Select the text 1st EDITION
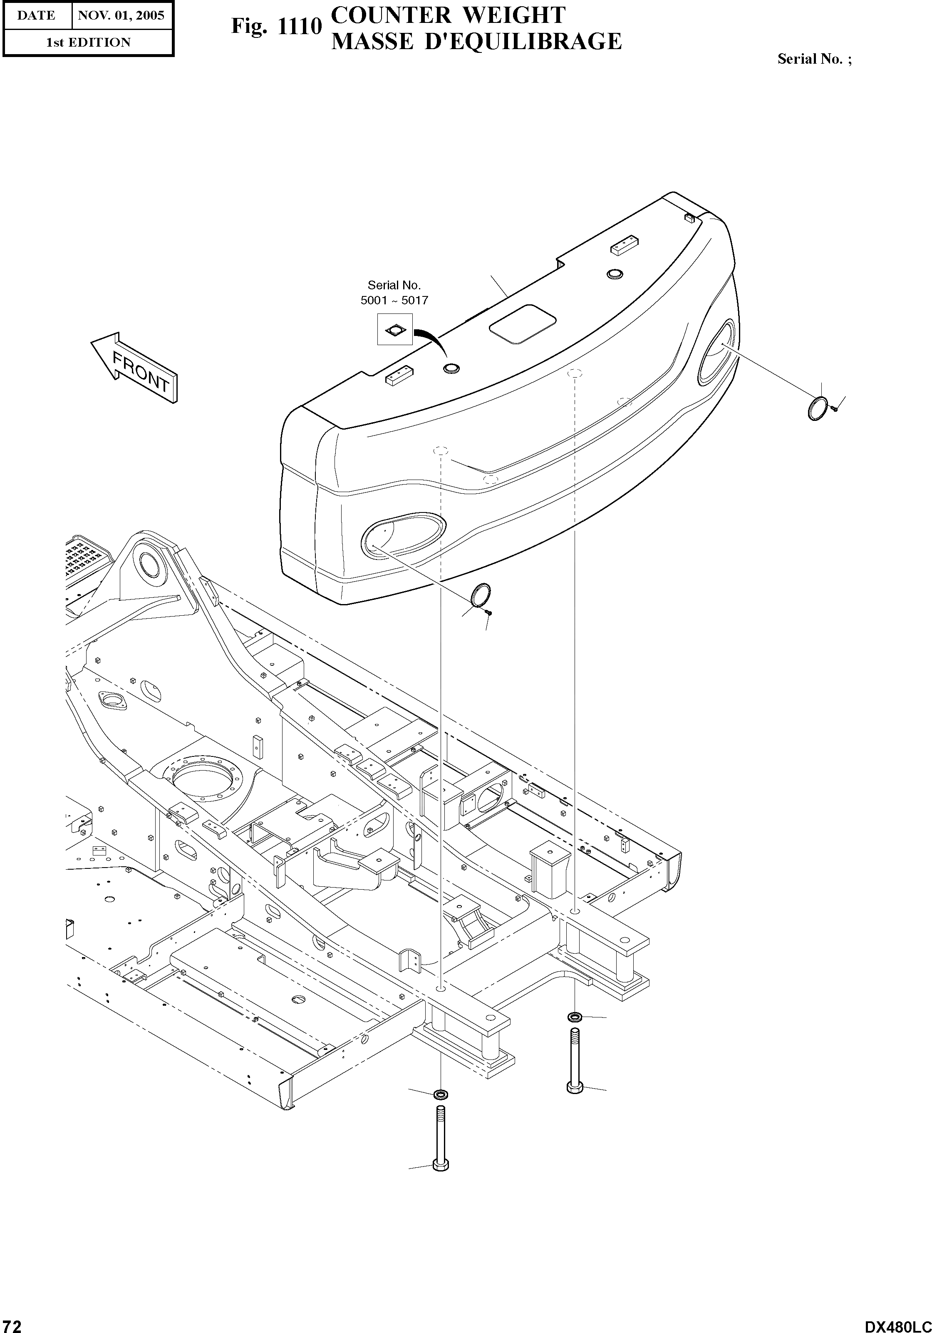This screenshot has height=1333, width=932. pyautogui.click(x=88, y=42)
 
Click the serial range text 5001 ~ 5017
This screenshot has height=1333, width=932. pyautogui.click(x=394, y=300)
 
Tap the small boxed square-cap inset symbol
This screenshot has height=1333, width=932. pyautogui.click(x=394, y=330)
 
